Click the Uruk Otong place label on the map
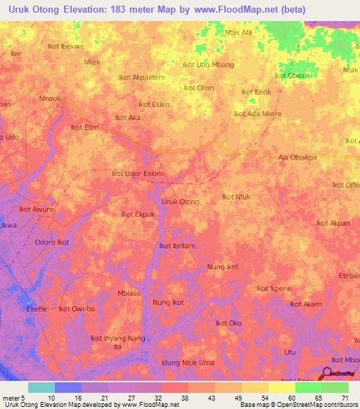(181, 202)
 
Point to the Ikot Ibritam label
(177, 245)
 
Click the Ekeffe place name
(37, 309)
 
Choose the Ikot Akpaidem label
(142, 77)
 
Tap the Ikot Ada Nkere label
(257, 113)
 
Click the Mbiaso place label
(129, 293)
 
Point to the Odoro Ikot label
(52, 242)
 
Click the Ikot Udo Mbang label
(208, 65)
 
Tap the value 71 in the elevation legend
(345, 397)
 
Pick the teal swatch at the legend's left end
(41, 387)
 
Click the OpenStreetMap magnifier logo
(328, 372)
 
